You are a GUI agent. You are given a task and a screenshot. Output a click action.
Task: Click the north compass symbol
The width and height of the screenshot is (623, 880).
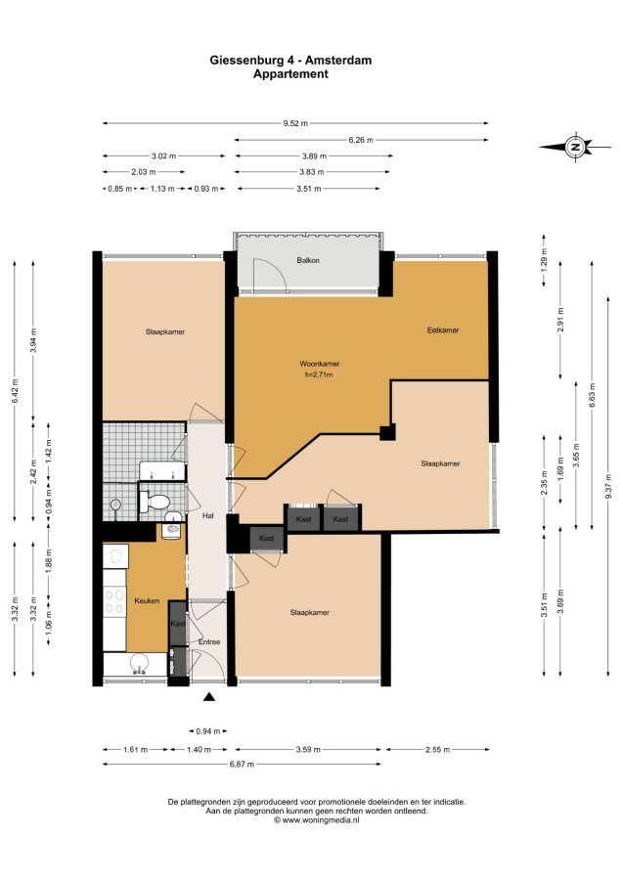pyautogui.click(x=575, y=147)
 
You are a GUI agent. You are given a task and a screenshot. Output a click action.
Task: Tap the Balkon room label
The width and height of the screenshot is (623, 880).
pyautogui.click(x=308, y=260)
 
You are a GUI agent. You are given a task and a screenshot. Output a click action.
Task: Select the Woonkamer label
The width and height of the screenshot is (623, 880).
pyautogui.click(x=320, y=364)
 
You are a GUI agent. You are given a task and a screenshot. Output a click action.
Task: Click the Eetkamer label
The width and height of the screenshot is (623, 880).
pyautogui.click(x=443, y=330)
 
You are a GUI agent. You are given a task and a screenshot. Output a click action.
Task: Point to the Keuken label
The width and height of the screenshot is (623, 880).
pyautogui.click(x=147, y=600)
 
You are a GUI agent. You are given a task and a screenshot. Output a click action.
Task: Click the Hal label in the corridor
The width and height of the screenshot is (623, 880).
pyautogui.click(x=207, y=515)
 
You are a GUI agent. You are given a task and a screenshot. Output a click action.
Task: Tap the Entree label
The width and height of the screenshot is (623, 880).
pyautogui.click(x=208, y=641)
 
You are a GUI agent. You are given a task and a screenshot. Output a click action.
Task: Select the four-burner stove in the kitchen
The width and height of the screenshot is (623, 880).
pyautogui.click(x=115, y=601)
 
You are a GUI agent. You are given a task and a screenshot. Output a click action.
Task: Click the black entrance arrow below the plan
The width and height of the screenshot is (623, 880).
pyautogui.click(x=209, y=697)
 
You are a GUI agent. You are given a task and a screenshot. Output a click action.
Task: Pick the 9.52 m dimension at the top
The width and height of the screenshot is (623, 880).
pyautogui.click(x=295, y=123)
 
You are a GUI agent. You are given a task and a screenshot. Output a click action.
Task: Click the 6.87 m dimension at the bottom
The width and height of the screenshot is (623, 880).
pyautogui.click(x=242, y=764)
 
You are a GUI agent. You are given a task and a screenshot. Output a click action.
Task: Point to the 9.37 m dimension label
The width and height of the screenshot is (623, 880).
pyautogui.click(x=608, y=486)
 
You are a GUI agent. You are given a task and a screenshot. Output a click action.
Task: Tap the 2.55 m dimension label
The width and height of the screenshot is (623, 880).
pyautogui.click(x=438, y=749)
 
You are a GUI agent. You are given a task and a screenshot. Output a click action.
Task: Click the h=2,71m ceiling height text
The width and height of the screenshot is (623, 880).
pyautogui.click(x=319, y=374)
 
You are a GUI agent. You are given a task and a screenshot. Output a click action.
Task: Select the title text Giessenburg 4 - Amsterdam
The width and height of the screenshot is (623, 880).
pyautogui.click(x=290, y=60)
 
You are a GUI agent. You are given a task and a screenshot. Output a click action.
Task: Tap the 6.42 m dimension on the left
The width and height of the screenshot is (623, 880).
pyautogui.click(x=15, y=391)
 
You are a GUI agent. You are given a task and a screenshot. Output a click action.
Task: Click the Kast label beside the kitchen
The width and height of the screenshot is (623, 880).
pyautogui.click(x=178, y=624)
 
